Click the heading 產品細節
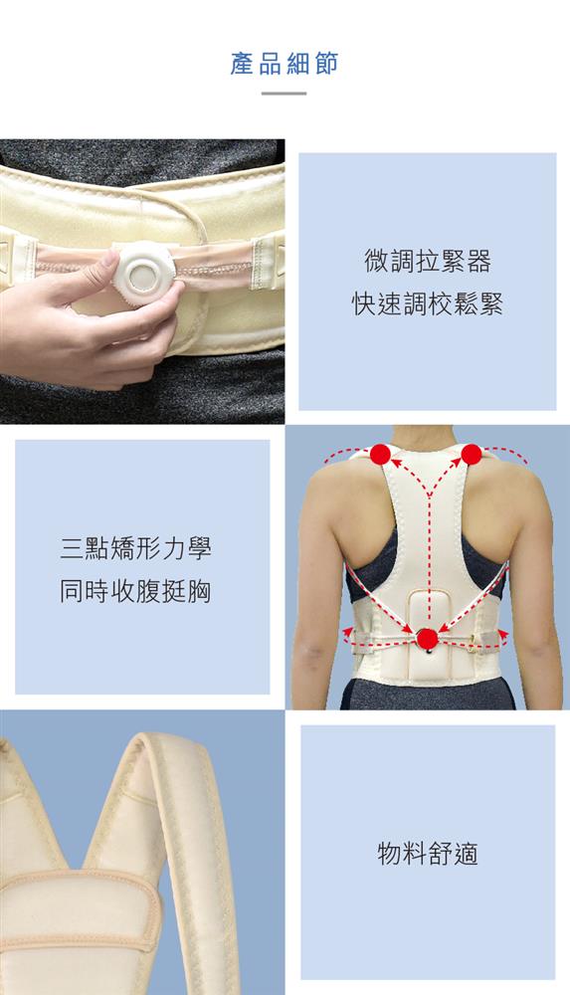tap(284, 64)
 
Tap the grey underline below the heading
tap(284, 94)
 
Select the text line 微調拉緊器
tap(428, 262)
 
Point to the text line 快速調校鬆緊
tap(428, 303)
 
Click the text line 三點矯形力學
tap(135, 547)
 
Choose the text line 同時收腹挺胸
tap(135, 591)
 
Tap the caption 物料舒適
tap(428, 854)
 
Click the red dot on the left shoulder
tap(380, 455)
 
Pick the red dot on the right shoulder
tap(472, 455)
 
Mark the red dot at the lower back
tap(427, 639)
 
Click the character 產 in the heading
tap(242, 64)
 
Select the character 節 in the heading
tap(326, 64)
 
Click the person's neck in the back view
tap(423, 438)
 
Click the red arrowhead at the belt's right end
tap(503, 633)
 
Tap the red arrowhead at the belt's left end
tap(348, 631)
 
